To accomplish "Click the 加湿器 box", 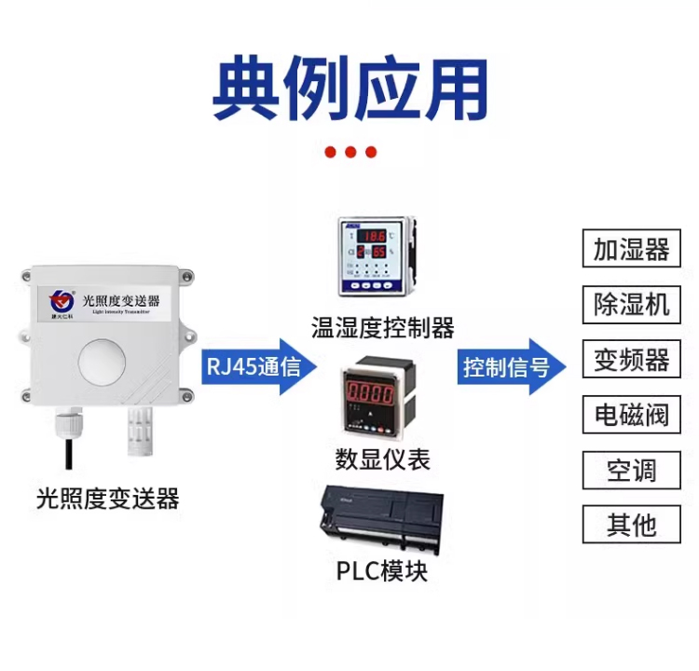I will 632,250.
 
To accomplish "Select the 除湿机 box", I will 632,305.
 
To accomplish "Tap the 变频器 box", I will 632,360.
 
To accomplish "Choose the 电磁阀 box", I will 632,415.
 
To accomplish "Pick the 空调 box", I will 632,470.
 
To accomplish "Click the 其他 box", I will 632,525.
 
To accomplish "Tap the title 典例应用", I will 349,90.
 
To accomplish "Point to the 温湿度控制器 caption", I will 382,327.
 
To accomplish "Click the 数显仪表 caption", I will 382,459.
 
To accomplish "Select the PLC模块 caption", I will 382,569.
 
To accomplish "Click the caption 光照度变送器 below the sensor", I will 107,500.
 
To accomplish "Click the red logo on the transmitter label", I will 62,300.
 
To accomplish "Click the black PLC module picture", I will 381,520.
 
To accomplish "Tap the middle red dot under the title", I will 350,152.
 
